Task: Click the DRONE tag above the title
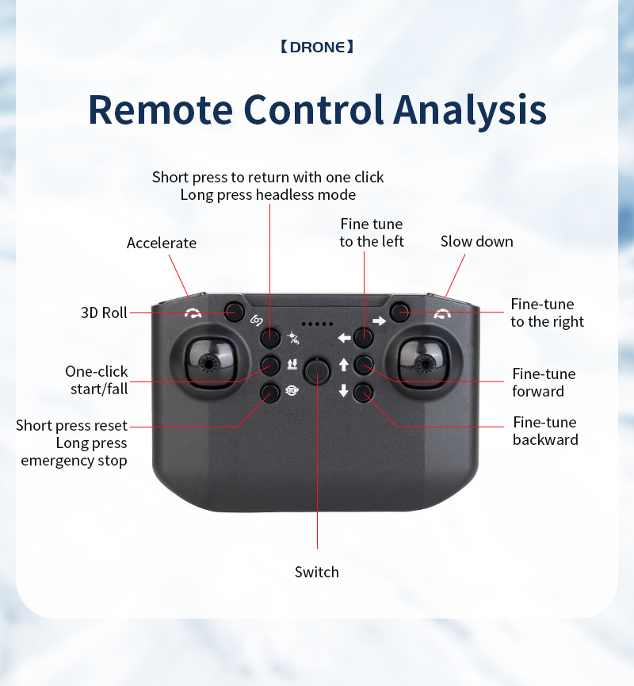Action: (317, 47)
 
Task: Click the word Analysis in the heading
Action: (470, 109)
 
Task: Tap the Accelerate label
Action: (162, 243)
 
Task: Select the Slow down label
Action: (476, 241)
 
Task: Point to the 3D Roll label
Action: (104, 312)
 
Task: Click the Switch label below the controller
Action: (316, 572)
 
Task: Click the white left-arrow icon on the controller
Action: (344, 338)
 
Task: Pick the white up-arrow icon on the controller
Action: (343, 365)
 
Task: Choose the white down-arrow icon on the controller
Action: (343, 390)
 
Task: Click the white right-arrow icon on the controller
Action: (379, 321)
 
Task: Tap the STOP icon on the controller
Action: (291, 390)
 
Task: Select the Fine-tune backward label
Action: (545, 431)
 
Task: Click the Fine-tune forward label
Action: (544, 382)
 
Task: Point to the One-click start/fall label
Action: (97, 380)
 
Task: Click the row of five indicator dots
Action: (317, 324)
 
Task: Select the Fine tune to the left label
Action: (372, 232)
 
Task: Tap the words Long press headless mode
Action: (268, 194)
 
